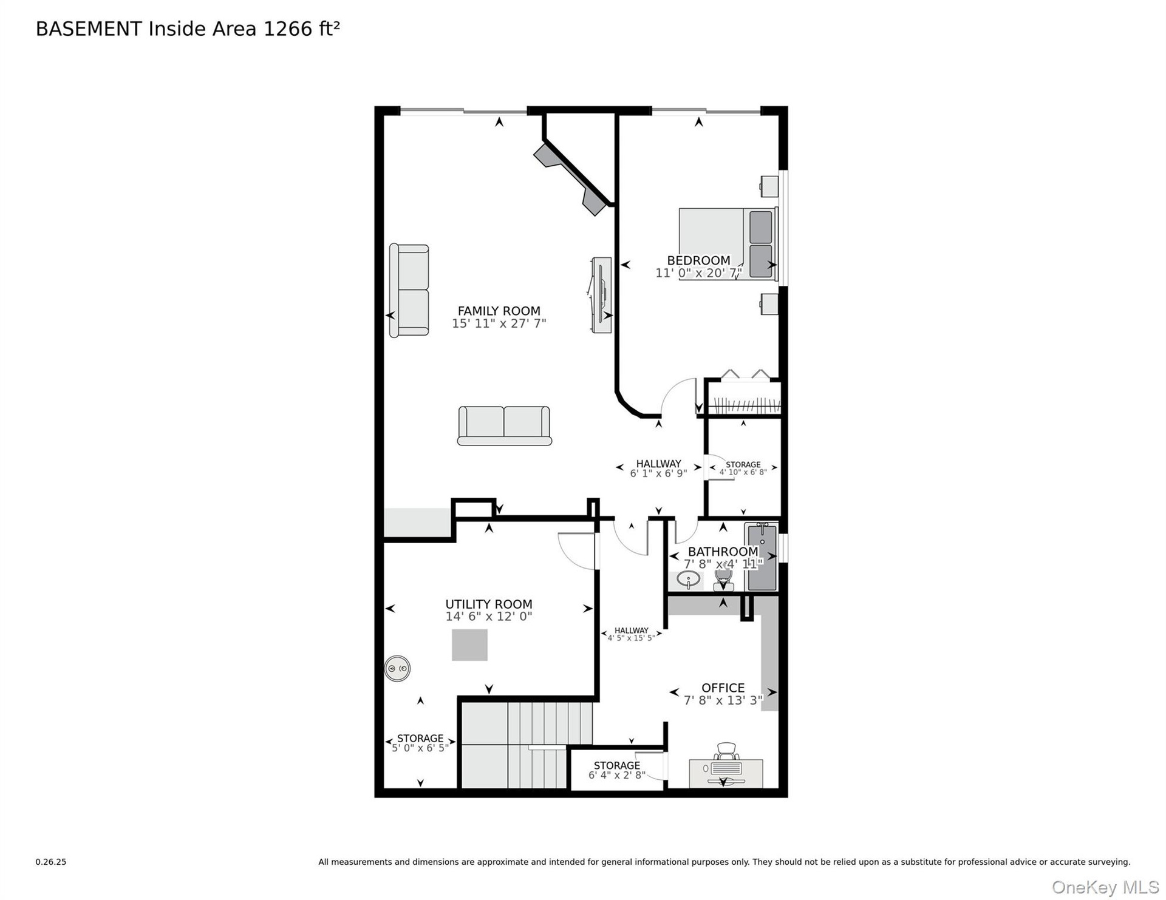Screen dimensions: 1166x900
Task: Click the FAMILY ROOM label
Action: tap(499, 311)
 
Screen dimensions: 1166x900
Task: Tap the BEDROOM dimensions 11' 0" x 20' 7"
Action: tap(698, 273)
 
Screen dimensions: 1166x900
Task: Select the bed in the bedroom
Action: tap(728, 244)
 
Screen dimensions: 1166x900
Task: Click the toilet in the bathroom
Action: tap(723, 579)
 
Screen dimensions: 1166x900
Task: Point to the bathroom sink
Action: tap(688, 580)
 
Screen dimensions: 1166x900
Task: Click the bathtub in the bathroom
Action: tap(762, 557)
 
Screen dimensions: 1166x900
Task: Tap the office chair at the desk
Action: tap(727, 752)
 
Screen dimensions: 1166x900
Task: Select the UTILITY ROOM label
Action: tap(489, 604)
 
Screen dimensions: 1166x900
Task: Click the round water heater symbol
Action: tap(397, 669)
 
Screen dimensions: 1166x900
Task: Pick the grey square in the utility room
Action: tap(469, 645)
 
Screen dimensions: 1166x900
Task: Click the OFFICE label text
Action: tap(723, 688)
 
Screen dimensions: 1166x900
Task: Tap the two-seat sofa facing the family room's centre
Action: tap(504, 426)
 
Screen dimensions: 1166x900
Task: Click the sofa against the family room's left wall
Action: tap(409, 290)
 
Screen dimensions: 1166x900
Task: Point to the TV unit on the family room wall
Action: tap(601, 295)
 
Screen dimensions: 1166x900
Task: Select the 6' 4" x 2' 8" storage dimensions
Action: tap(616, 776)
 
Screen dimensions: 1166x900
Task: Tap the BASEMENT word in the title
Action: tap(89, 29)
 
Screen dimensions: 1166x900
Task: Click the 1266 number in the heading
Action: tap(288, 29)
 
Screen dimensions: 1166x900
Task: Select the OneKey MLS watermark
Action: tap(1105, 887)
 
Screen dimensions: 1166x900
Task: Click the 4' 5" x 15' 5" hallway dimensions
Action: tap(631, 638)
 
